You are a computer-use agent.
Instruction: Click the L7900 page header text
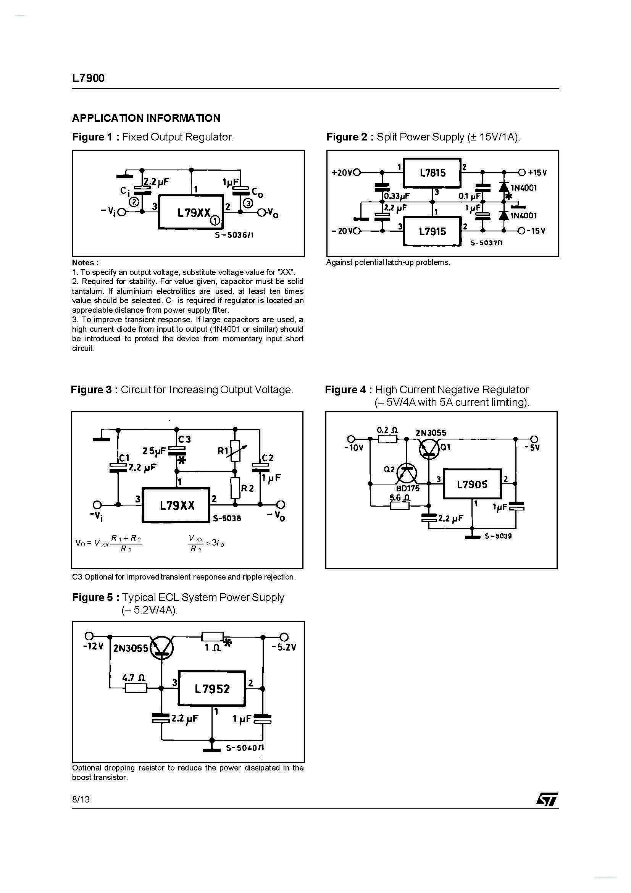pyautogui.click(x=88, y=78)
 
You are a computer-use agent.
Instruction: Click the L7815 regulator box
pyautogui.click(x=432, y=173)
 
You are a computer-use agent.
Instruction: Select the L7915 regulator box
pyautogui.click(x=432, y=231)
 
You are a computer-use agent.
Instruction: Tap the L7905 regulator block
pyautogui.click(x=472, y=484)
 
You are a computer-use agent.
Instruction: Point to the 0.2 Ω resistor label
pyautogui.click(x=387, y=430)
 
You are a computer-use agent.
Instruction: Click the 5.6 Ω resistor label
pyautogui.click(x=400, y=497)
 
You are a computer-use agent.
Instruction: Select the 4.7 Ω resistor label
pyautogui.click(x=134, y=678)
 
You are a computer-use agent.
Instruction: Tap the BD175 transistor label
pyautogui.click(x=408, y=489)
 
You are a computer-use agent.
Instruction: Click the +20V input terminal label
pyautogui.click(x=342, y=173)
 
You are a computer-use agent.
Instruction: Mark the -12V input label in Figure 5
pyautogui.click(x=93, y=647)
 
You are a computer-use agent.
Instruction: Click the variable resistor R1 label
pyautogui.click(x=223, y=451)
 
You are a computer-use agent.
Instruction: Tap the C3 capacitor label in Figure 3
pyautogui.click(x=184, y=439)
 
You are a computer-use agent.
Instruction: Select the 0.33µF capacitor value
pyautogui.click(x=397, y=196)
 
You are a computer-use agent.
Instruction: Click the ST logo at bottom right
pyautogui.click(x=547, y=800)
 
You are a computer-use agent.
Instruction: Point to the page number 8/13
pyautogui.click(x=81, y=799)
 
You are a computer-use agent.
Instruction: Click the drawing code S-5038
pyautogui.click(x=227, y=518)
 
